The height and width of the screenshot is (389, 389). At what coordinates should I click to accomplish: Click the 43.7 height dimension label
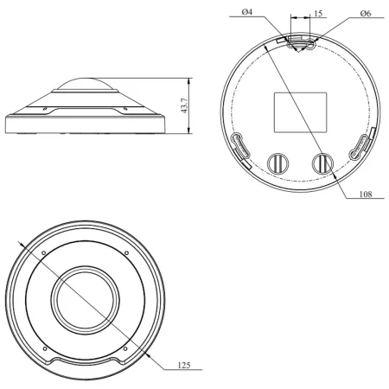183,106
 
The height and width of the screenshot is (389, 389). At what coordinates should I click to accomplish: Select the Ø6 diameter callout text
366,13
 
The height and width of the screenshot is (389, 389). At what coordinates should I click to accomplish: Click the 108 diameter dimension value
367,194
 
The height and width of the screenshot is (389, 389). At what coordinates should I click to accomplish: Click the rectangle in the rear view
301,111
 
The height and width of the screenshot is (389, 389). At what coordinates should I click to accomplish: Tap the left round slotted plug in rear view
277,162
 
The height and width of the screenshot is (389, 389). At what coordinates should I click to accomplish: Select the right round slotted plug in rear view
322,162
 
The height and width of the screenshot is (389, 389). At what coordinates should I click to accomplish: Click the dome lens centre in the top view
83,300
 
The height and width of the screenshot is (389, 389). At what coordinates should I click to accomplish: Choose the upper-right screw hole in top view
127,252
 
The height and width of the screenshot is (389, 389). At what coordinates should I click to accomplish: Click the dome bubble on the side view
83,87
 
